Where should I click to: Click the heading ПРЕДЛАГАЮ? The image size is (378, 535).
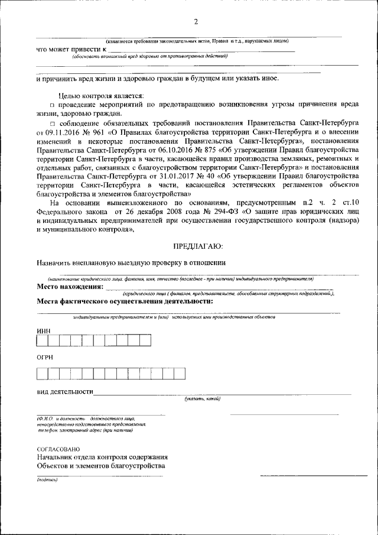click(x=197, y=245)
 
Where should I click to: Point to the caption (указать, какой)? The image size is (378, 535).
click(x=202, y=399)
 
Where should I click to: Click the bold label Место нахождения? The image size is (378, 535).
click(x=70, y=287)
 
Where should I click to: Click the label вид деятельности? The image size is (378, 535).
click(x=65, y=391)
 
